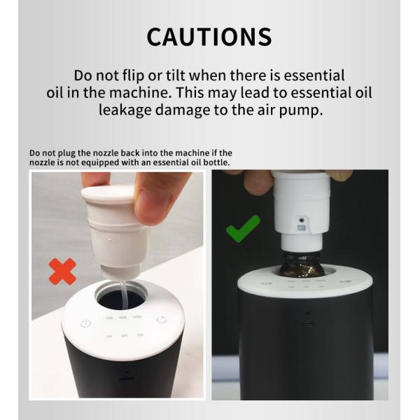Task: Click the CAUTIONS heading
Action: coord(209,36)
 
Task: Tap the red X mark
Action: coord(63,271)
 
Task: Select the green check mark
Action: coord(243,228)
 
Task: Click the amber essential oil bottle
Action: coord(302,265)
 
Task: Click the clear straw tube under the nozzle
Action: coord(124,290)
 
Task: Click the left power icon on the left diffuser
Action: coord(85,323)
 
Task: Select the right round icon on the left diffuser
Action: coord(162,320)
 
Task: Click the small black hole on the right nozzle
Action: coord(302,220)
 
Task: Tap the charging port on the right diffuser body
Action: coord(307,323)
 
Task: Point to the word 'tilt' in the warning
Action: coord(176,76)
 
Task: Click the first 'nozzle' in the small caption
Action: coord(106,153)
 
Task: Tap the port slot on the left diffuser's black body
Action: coord(127,379)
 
